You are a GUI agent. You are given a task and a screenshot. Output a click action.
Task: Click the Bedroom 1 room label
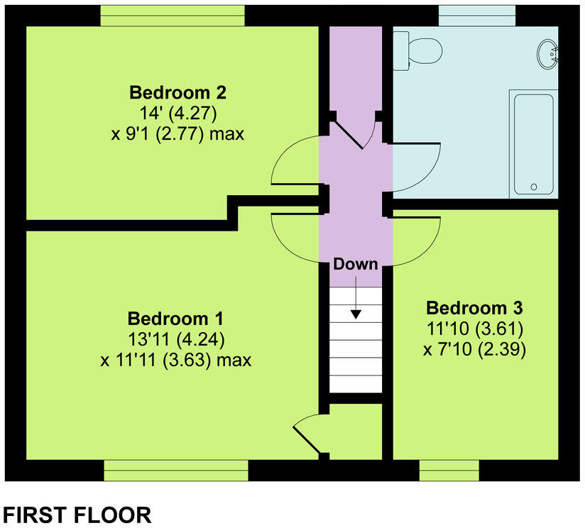point(175,317)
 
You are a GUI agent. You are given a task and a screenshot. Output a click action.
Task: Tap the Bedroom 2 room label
point(177,92)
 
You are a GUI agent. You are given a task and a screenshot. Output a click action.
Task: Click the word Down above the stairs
point(356,264)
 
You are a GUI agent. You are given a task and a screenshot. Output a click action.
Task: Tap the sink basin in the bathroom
point(549,53)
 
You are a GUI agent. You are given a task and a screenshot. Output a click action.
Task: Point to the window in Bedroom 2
point(173,15)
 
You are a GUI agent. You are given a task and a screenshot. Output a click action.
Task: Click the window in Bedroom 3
point(448,470)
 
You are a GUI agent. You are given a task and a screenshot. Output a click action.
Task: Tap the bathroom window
point(476,15)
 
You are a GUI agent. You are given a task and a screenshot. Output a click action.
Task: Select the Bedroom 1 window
point(176,470)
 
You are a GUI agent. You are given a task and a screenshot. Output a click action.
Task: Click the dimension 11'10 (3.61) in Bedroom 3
point(474,329)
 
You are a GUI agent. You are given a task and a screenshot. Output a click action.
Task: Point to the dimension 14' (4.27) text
point(177,114)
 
